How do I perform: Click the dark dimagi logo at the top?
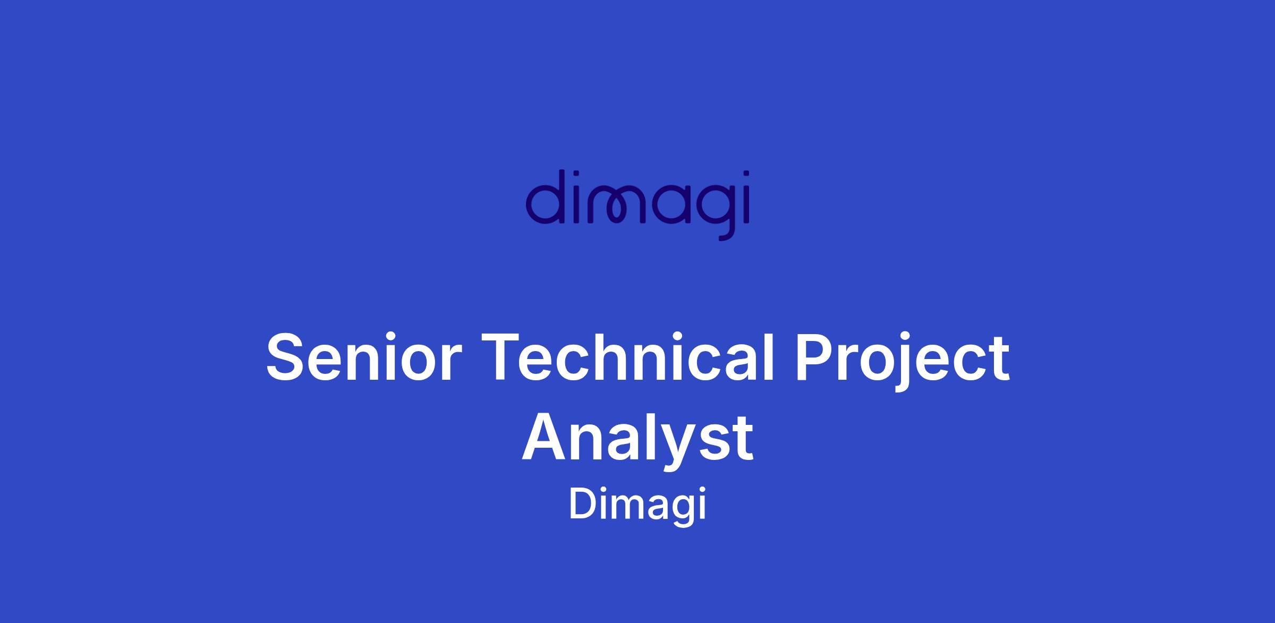coord(637,206)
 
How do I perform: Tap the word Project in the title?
coord(902,361)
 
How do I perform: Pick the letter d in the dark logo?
coord(544,197)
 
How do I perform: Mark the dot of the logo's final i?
coord(746,174)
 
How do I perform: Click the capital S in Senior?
coord(287,356)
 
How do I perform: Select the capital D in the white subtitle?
coord(584,503)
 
